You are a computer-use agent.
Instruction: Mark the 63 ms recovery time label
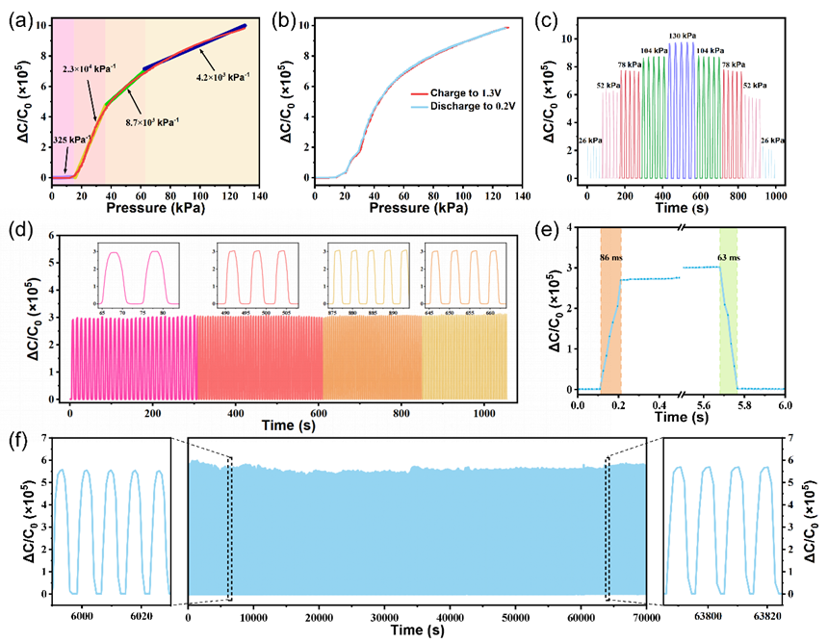[x=728, y=259]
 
